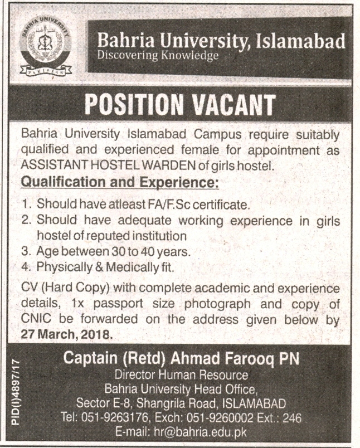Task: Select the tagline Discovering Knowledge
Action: click(157, 56)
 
